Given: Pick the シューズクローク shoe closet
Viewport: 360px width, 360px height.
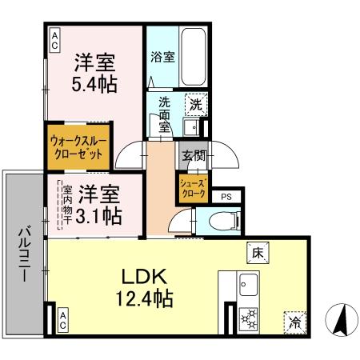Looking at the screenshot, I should coord(193,188).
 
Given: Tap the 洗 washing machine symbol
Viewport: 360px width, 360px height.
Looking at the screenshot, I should coord(195,102).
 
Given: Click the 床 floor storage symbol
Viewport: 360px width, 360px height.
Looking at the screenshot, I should coord(258,251).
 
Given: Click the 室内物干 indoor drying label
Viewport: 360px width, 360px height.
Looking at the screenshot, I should coord(67,205).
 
